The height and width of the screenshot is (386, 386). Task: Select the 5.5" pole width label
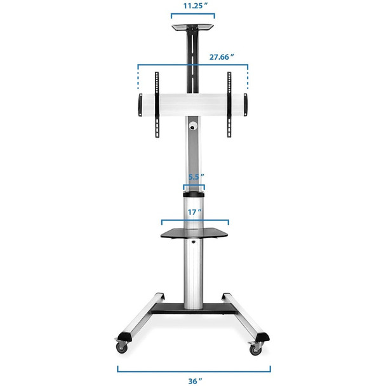(x=194, y=178)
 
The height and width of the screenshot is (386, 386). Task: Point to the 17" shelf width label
(x=194, y=211)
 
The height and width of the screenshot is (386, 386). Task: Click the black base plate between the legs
(x=194, y=309)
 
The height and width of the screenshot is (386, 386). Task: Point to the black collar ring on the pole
(x=194, y=191)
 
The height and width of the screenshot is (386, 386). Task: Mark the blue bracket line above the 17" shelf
(x=194, y=221)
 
